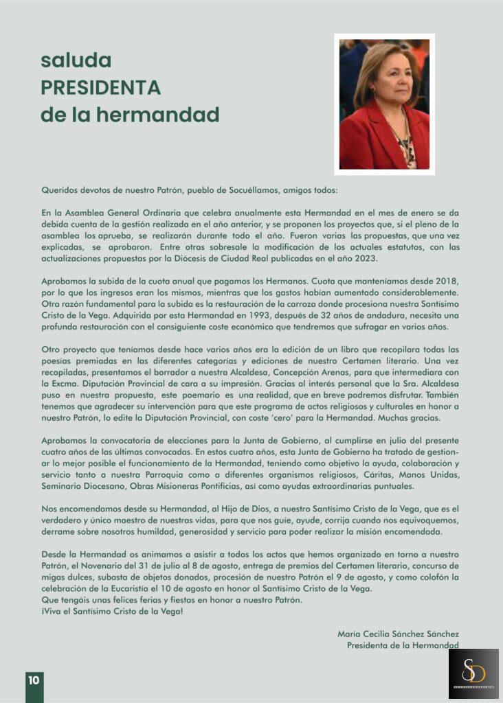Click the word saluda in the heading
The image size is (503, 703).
click(x=76, y=61)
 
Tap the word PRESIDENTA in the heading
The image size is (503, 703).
click(x=100, y=88)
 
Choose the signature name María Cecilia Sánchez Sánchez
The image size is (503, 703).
click(x=398, y=634)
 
